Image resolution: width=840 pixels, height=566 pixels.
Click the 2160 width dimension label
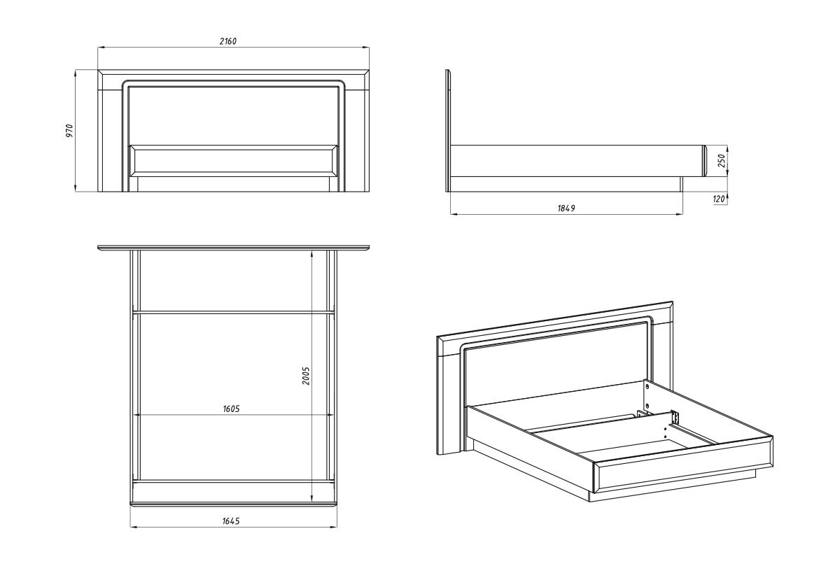(x=227, y=41)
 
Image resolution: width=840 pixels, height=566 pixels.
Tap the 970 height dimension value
(x=69, y=131)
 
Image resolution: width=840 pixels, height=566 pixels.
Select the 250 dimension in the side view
(x=720, y=161)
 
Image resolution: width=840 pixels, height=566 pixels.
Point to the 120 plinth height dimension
(x=718, y=199)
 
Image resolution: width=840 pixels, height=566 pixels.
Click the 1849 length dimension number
(x=566, y=208)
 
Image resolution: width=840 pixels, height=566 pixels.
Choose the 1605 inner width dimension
(x=231, y=409)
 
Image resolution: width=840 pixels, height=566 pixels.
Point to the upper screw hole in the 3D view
(x=647, y=385)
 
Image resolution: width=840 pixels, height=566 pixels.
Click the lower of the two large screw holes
(x=647, y=405)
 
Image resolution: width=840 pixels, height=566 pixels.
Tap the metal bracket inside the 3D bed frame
(x=675, y=417)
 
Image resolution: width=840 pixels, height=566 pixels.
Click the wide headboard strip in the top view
(x=233, y=248)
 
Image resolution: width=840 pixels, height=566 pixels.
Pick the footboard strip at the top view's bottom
(x=233, y=503)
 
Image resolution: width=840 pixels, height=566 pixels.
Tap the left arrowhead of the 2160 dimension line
(x=100, y=48)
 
